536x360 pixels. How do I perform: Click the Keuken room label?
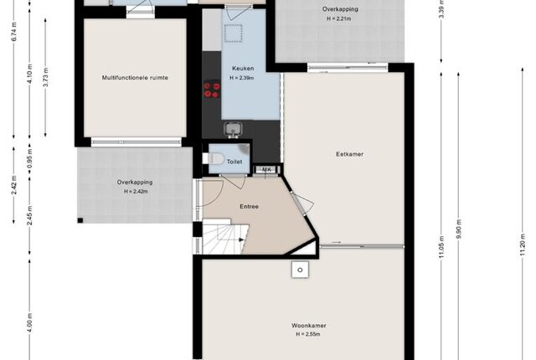click(243, 69)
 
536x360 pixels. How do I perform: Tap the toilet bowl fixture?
click(214, 158)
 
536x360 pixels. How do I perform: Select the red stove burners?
click(212, 90)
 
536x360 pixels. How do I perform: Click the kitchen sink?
click(233, 130)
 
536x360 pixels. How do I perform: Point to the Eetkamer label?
click(350, 154)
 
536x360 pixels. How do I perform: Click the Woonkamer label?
click(309, 326)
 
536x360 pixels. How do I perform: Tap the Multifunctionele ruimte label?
click(135, 78)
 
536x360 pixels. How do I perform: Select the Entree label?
click(250, 206)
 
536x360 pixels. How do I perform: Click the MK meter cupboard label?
click(266, 169)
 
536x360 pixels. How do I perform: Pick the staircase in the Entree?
click(225, 236)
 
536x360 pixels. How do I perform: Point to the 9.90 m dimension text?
click(459, 229)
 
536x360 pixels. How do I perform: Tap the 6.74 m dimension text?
click(14, 32)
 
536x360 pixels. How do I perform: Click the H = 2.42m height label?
click(136, 192)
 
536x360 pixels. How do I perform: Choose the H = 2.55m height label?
click(308, 334)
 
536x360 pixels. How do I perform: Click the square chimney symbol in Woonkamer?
click(300, 270)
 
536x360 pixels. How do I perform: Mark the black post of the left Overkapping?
click(80, 220)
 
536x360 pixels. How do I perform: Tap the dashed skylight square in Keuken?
click(234, 33)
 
